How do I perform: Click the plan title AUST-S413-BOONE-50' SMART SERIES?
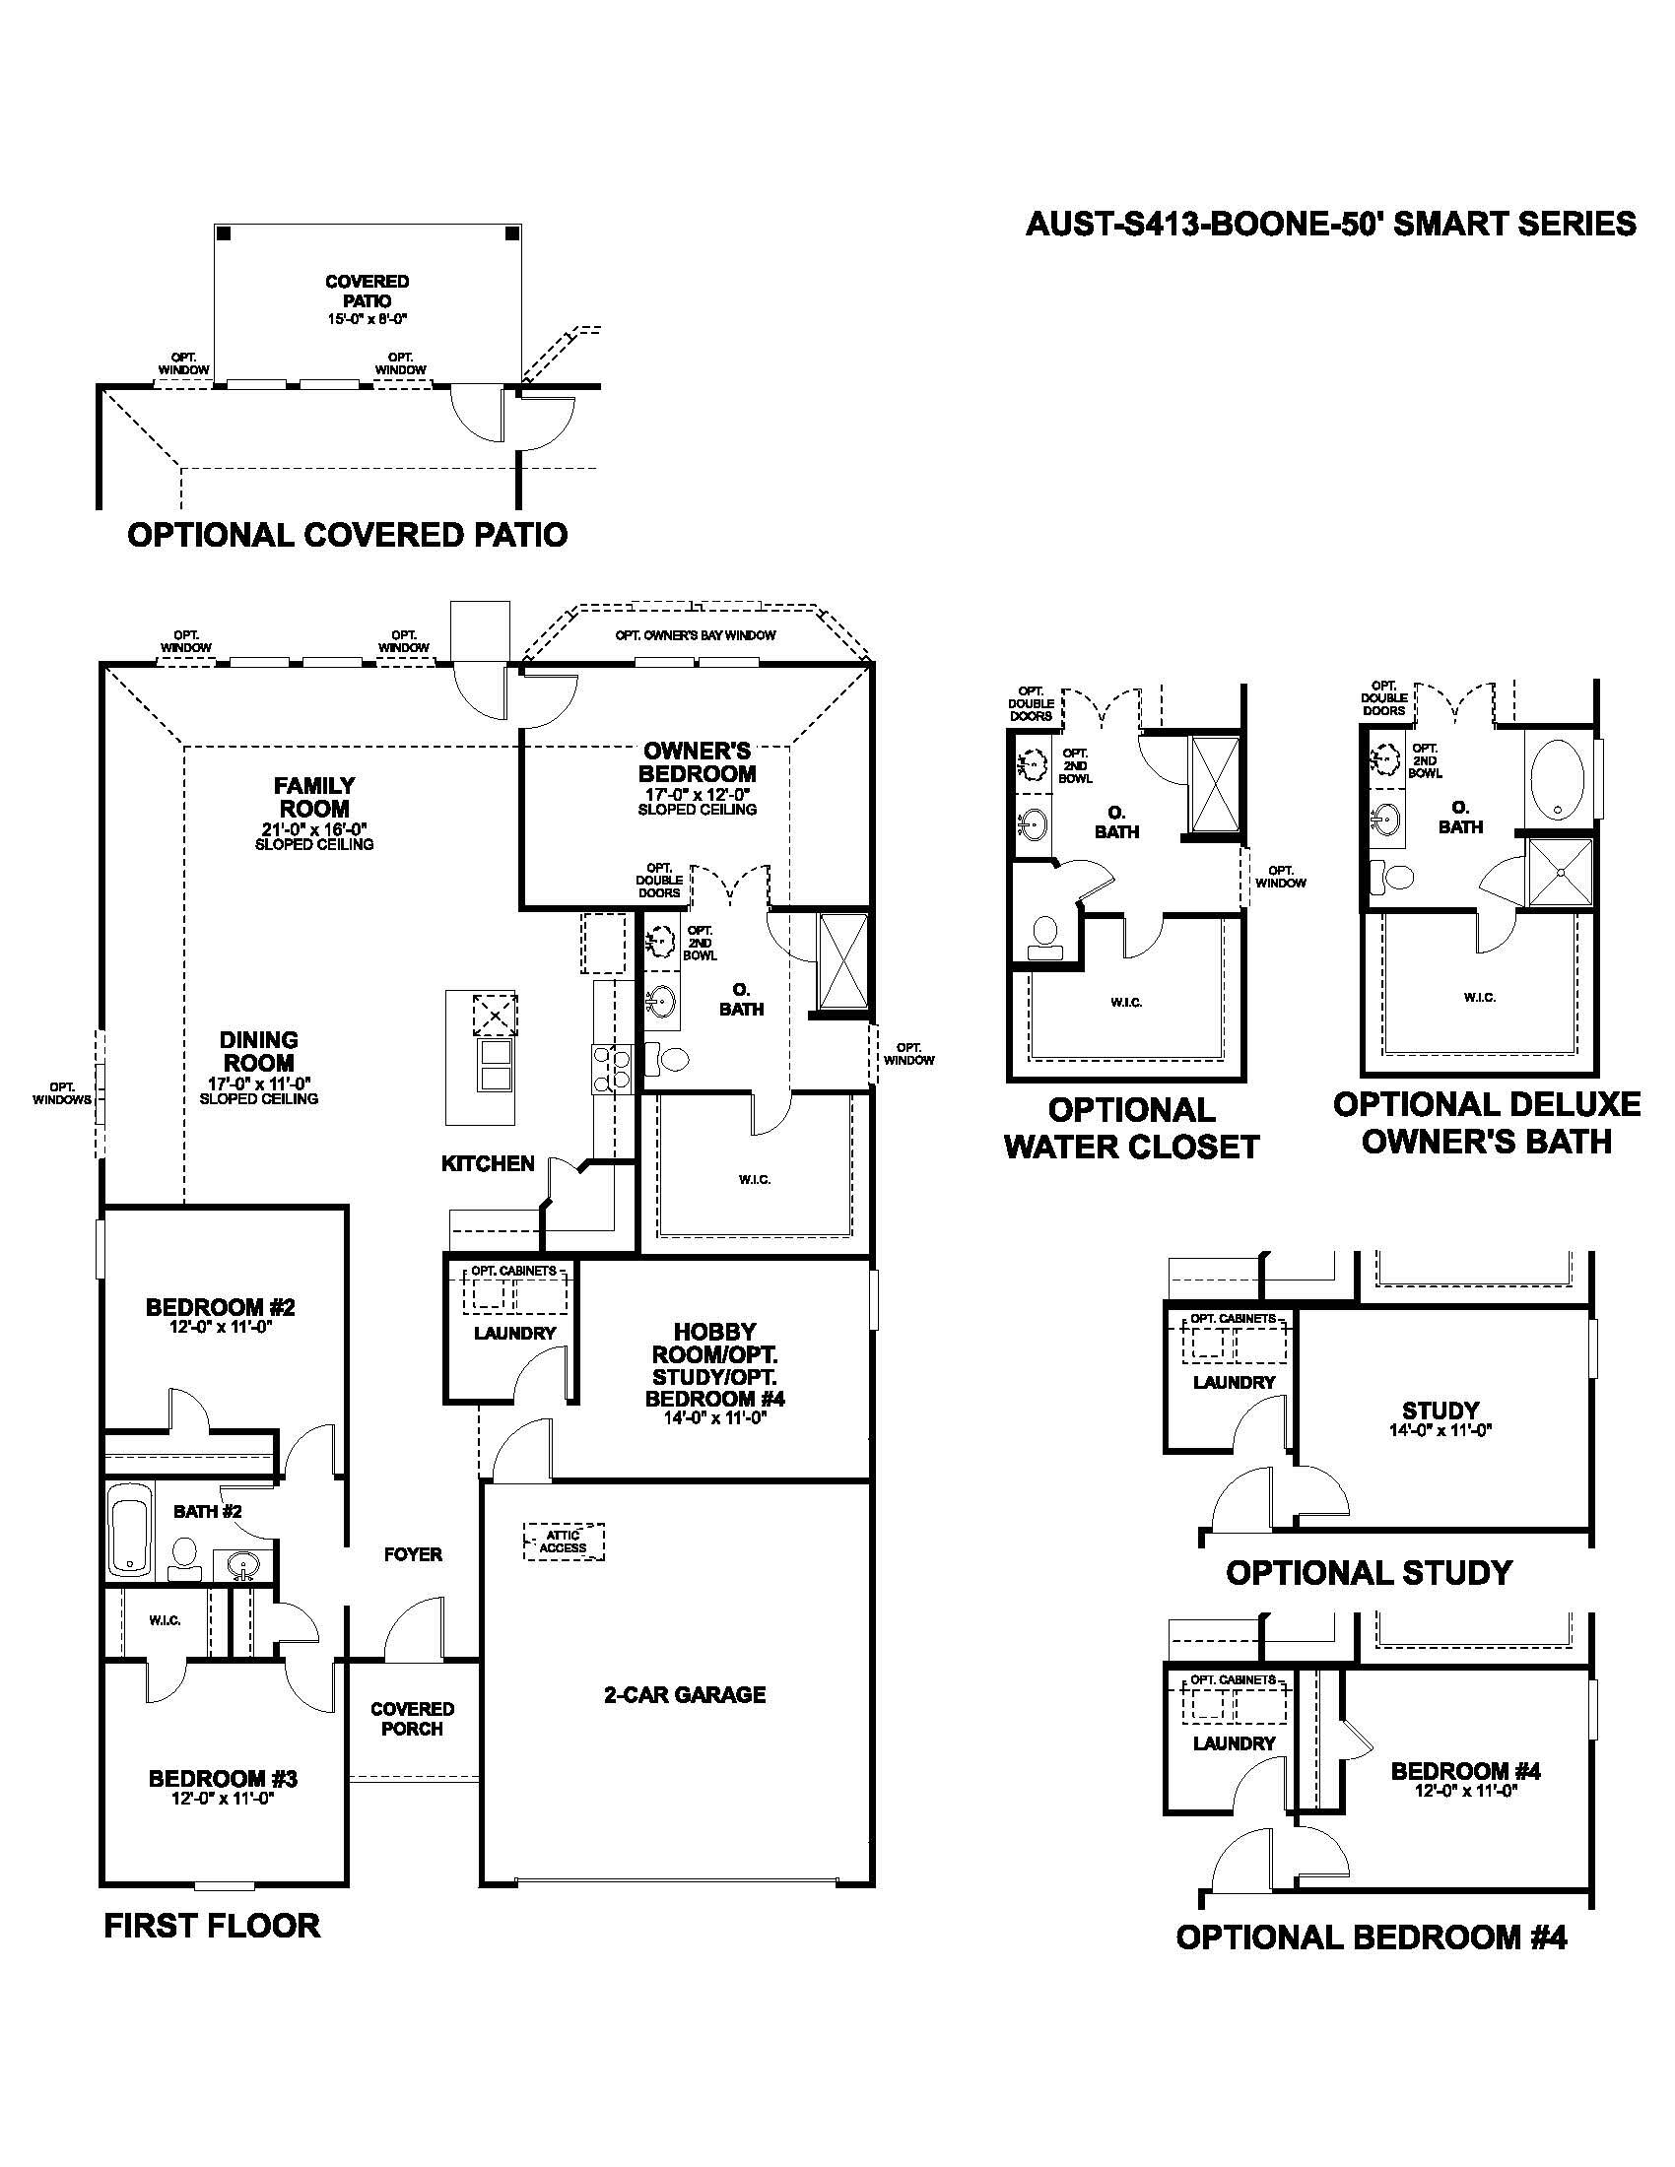coord(1330,225)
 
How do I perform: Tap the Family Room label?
coord(314,797)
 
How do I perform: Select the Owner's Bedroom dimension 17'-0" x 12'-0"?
coord(697,795)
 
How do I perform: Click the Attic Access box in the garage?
coord(563,1542)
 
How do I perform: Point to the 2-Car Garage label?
coord(685,1695)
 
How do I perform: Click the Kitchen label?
coord(487,1163)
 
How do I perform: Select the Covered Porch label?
coord(412,1719)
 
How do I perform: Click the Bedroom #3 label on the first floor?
coord(224,1779)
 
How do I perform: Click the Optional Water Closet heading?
coord(1131,1128)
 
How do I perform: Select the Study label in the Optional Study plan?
coord(1440,1410)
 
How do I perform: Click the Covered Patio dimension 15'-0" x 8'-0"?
coord(368,318)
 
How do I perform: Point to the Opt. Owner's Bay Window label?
coord(695,635)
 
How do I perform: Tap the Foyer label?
coord(413,1554)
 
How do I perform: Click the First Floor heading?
coord(212,1926)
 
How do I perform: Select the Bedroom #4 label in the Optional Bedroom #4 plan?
coord(1466,1771)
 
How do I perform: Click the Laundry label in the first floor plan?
coord(514,1333)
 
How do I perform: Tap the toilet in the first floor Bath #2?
coord(184,1554)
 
